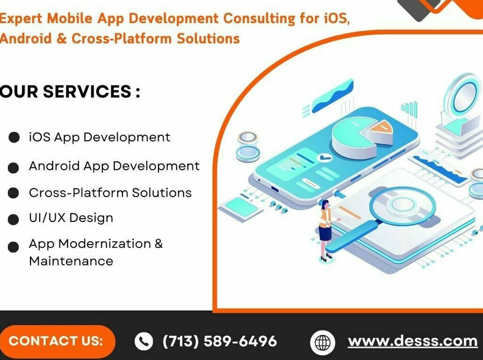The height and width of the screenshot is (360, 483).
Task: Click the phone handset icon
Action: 143,341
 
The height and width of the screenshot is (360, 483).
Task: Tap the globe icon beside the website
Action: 322,342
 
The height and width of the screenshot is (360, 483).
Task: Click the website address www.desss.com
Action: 413,341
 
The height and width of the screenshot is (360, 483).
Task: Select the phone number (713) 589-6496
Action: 220,341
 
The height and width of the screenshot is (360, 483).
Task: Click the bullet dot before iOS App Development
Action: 14,138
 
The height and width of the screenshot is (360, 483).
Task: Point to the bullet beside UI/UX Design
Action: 13,220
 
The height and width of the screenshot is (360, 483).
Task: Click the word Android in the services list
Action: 54,166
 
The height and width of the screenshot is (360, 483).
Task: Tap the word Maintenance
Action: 71,261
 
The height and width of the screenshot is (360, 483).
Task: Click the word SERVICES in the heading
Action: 87,91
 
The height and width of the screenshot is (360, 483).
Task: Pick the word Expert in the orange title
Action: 21,19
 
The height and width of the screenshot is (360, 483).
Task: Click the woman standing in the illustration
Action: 325,231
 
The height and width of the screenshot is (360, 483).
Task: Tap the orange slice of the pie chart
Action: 381,127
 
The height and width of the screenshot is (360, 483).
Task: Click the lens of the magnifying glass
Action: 402,204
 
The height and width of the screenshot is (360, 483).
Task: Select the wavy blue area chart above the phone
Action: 333,96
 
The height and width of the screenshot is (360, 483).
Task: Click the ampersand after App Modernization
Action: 158,243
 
